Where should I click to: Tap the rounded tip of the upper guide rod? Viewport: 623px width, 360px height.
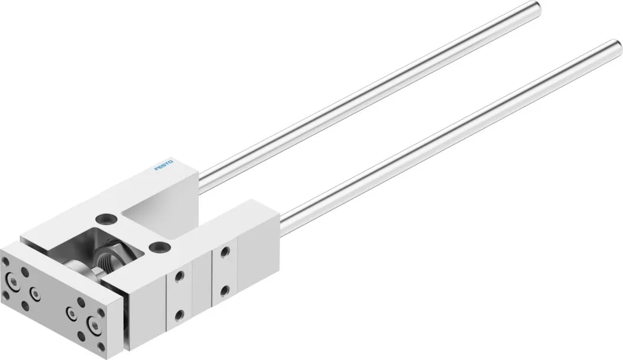[537, 6]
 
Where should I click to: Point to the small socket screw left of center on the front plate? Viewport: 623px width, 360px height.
[36, 294]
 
